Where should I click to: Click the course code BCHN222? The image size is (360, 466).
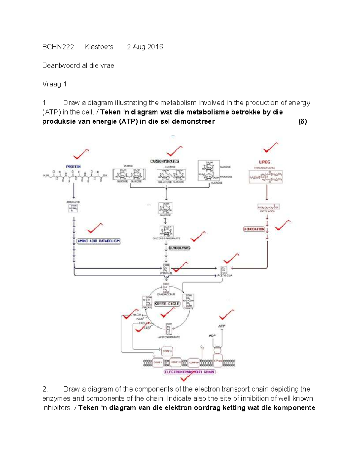58,47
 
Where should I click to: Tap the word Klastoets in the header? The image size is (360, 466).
99,47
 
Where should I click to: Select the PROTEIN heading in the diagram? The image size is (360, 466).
73,167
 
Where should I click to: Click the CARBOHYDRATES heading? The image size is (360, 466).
165,161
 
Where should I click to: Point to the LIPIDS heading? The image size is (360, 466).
265,162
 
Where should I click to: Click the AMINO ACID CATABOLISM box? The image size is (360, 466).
99,241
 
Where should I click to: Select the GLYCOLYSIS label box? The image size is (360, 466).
179,248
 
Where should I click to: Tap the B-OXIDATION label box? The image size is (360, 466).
254,229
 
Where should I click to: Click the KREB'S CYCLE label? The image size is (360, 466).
167,304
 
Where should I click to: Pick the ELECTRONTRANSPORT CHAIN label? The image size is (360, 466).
190,372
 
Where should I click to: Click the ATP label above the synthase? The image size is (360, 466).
222,326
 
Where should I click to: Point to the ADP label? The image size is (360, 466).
212,335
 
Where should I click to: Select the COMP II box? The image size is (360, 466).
167,351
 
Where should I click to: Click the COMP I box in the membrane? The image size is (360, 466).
157,362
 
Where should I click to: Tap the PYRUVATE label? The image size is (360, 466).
166,273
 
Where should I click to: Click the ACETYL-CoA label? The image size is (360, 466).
225,275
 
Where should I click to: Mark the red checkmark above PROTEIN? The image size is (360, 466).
81,154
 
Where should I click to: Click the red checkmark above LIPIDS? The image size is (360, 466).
270,147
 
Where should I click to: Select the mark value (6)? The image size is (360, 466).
302,122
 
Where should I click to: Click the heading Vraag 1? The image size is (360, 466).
54,84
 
